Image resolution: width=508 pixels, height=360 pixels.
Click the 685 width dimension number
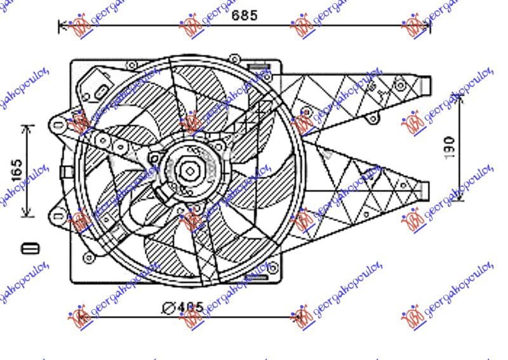(x=244, y=16)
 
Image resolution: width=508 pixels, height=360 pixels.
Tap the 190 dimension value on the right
(x=449, y=147)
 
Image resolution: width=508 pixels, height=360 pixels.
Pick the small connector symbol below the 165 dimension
(x=30, y=247)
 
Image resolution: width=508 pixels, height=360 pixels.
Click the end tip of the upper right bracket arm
(x=427, y=84)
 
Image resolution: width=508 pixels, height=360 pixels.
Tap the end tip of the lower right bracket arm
(x=427, y=190)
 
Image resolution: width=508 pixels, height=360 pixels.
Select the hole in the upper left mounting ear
(x=59, y=126)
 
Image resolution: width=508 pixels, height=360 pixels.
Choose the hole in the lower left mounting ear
(x=59, y=217)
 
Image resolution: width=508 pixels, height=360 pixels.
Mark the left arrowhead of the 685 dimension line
(x=62, y=26)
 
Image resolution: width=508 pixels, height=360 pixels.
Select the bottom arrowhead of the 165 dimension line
(x=27, y=215)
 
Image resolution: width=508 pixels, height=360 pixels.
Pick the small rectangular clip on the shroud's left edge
(x=65, y=171)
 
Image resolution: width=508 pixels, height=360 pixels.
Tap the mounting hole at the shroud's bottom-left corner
(x=87, y=258)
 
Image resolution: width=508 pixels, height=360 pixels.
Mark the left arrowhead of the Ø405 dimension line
(x=72, y=314)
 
